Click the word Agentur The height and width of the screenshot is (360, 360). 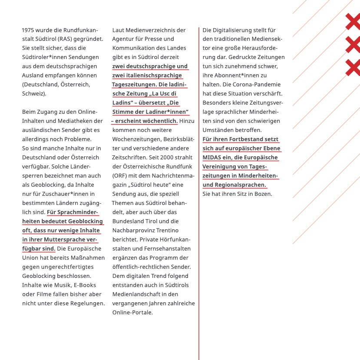click(x=123, y=39)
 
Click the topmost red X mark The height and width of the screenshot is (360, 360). click(x=353, y=22)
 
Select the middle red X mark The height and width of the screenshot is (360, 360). click(x=353, y=45)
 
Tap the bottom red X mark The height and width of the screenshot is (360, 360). click(x=353, y=68)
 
